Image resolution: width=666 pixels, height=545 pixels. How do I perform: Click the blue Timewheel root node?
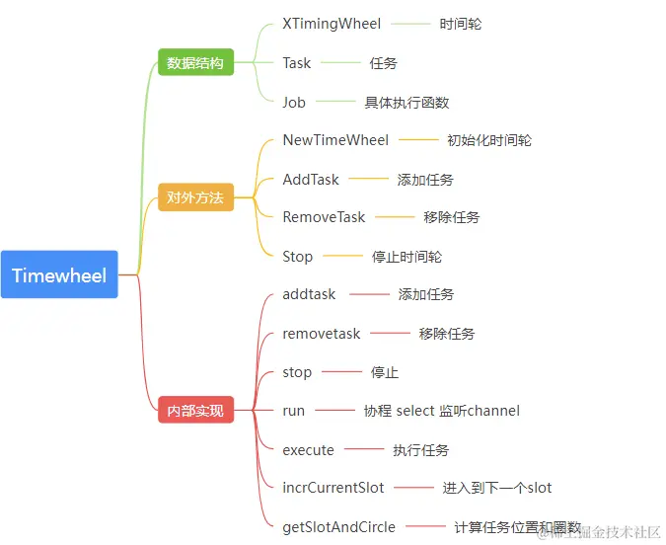59,275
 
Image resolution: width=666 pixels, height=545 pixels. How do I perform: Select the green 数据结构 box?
195,62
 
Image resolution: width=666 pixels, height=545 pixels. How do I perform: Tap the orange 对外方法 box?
195,197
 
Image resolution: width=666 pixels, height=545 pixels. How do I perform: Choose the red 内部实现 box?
195,410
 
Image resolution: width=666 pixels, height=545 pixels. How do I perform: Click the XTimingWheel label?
332,24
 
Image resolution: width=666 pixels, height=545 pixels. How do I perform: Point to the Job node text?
294,102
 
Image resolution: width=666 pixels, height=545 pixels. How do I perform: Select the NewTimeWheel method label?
335,140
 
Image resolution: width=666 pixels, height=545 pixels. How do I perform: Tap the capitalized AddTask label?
311,180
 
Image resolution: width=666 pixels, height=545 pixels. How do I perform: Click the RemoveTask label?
324,217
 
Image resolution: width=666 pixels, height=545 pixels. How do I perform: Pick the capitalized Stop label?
298,257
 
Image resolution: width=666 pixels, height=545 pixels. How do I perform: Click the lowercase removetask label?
322,334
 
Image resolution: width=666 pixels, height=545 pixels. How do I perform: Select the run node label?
294,411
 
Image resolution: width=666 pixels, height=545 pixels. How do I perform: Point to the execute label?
309,450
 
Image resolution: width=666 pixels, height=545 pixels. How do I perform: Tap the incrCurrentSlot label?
333,488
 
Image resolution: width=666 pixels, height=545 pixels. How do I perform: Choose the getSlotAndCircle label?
338,526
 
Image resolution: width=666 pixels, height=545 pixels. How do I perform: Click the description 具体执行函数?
407,102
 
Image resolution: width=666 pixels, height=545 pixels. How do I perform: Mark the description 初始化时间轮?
489,140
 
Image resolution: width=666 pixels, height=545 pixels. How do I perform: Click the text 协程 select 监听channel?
441,411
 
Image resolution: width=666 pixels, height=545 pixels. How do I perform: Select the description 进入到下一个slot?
497,488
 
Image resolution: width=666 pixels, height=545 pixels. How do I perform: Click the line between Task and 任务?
340,63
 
